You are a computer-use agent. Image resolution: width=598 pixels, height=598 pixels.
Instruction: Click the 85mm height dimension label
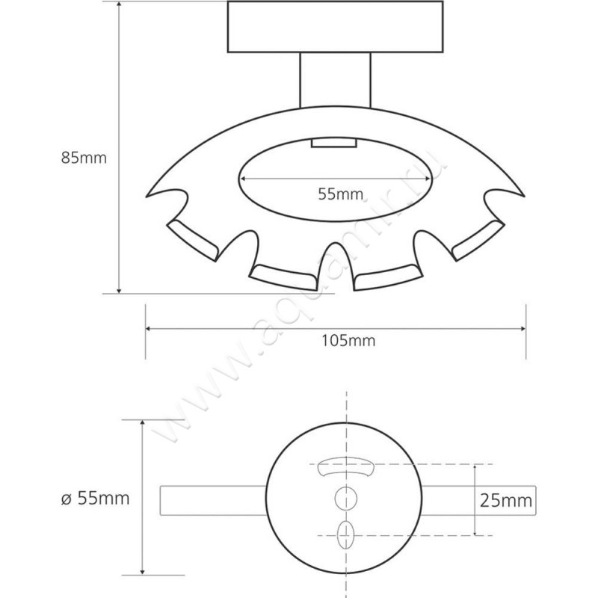[84, 158]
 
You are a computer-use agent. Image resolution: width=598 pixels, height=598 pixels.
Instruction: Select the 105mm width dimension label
[348, 341]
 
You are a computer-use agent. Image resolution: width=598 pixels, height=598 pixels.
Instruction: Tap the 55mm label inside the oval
[341, 194]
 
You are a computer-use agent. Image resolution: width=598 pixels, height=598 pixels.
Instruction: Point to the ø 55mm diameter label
[96, 499]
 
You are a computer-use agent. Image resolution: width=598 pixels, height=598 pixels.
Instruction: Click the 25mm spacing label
[506, 500]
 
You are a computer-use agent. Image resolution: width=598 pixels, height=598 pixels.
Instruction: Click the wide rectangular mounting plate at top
[335, 27]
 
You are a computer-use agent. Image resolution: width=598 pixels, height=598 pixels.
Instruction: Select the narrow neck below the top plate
[335, 79]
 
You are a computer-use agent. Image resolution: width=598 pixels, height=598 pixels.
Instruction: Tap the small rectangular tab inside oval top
[333, 143]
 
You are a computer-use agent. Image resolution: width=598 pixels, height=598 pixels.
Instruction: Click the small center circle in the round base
[346, 499]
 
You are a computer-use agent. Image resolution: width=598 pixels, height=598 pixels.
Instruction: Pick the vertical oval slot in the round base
[346, 534]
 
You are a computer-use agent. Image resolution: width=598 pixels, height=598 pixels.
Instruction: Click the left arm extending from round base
[213, 501]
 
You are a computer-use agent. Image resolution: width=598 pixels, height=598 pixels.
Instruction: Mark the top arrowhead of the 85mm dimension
[119, 4]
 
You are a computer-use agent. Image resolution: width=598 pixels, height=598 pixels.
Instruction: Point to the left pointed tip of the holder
[147, 197]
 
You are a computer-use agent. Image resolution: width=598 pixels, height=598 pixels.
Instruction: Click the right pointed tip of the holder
[524, 196]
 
